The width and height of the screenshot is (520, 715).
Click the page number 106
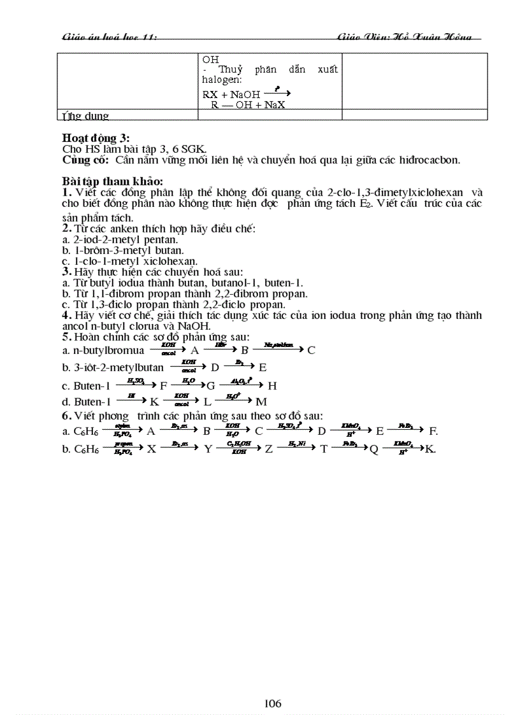coord(273,704)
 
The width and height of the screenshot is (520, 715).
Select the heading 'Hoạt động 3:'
coord(96,138)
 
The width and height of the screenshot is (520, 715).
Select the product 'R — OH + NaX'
coord(248,105)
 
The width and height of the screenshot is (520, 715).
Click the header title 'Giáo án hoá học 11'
coord(109,38)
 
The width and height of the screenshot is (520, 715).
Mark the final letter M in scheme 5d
coord(261,402)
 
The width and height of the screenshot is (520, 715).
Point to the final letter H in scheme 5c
coord(272,385)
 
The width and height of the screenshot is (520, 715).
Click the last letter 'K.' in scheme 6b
coord(430,449)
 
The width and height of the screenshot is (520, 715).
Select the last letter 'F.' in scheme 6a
coord(433,431)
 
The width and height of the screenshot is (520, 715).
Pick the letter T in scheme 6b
coord(324,449)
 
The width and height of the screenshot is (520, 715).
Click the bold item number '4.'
coord(66,315)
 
